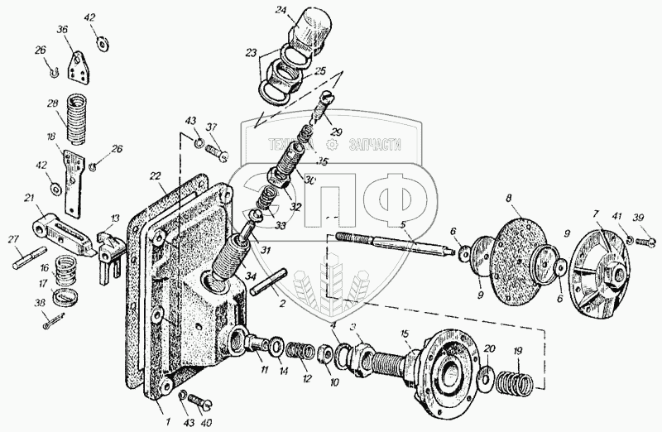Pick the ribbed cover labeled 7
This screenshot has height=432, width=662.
point(602,266)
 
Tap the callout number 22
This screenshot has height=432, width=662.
point(155,177)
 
